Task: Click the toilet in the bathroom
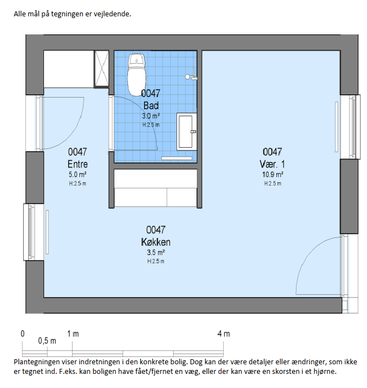click(136, 74)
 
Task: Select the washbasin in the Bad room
click(187, 131)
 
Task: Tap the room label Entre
click(78, 164)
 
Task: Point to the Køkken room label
click(156, 242)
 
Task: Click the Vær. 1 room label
click(272, 164)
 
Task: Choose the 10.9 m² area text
click(272, 175)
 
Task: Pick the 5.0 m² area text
click(78, 175)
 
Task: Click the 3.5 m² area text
click(156, 253)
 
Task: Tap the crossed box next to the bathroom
click(101, 69)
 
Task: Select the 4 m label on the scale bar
click(224, 334)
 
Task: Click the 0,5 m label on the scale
click(47, 341)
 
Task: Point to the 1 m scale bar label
click(73, 334)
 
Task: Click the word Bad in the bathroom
click(151, 105)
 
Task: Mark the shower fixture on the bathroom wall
click(191, 77)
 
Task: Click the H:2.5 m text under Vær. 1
click(273, 183)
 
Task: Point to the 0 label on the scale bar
click(23, 334)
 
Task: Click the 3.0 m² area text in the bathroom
click(151, 116)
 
